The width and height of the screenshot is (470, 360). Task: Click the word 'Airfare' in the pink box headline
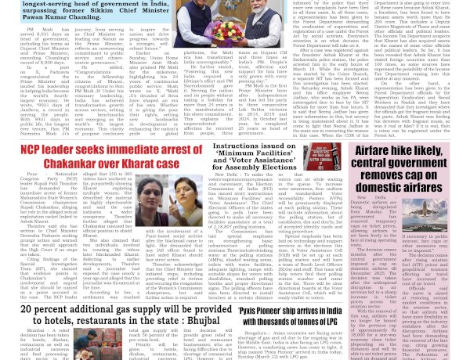(x=379, y=153)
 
